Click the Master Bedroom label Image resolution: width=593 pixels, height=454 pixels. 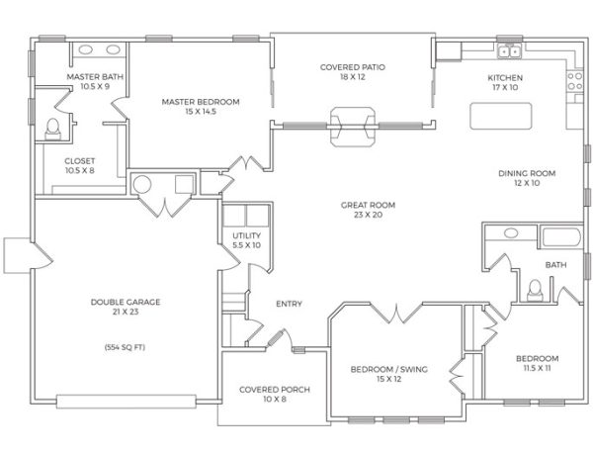tap(201, 106)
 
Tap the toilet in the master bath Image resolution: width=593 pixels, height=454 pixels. tap(53, 129)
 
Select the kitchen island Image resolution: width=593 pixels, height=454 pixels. tap(501, 116)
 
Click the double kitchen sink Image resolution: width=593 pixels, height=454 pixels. tap(509, 51)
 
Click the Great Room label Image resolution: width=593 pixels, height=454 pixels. tap(368, 210)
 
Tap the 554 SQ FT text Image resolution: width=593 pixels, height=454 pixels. tap(125, 347)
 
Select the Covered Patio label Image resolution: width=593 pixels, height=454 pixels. tap(353, 72)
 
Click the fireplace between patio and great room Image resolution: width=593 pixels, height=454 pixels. tap(353, 127)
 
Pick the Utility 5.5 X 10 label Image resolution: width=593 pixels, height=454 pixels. tap(246, 240)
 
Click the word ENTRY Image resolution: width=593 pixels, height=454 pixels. tap(289, 304)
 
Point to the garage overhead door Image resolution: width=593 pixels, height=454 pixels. tap(126, 402)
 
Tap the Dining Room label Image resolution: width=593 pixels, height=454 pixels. tap(527, 178)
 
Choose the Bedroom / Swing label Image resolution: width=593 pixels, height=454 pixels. tap(389, 374)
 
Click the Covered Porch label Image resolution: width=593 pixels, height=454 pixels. tap(275, 395)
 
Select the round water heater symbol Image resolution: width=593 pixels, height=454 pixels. tap(142, 184)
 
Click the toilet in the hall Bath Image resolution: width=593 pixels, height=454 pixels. tap(535, 290)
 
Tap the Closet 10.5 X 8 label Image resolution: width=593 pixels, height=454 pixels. tap(79, 166)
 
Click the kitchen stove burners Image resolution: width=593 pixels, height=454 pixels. tap(575, 81)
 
